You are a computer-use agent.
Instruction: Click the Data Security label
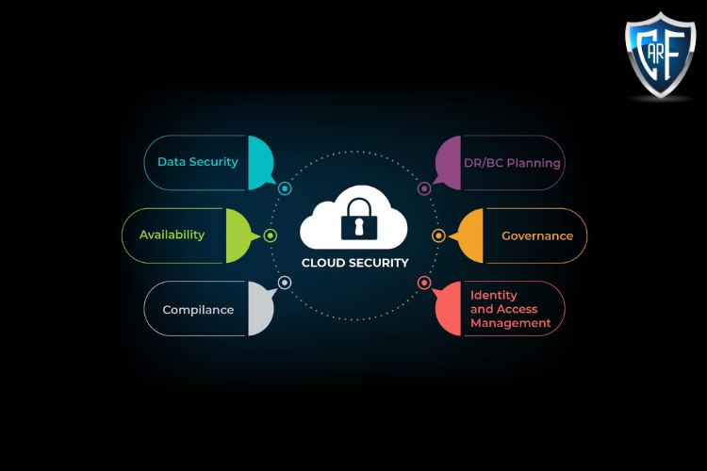[197, 162]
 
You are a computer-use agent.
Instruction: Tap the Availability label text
[172, 235]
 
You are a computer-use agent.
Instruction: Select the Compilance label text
[198, 310]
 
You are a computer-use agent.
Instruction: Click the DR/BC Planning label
[512, 163]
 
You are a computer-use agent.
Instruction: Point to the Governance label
[536, 235]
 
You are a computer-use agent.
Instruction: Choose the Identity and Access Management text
[510, 309]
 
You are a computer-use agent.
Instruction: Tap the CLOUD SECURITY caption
[354, 264]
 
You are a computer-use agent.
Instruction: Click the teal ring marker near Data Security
[285, 188]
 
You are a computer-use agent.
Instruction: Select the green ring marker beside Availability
[271, 235]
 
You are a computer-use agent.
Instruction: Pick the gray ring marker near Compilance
[285, 283]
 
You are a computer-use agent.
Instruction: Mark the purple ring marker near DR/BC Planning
[424, 188]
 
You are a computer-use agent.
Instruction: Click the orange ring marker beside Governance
[438, 235]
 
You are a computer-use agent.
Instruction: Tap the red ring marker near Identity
[424, 283]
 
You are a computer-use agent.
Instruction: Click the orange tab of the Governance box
[469, 235]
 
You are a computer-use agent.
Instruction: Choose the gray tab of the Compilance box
[259, 308]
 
